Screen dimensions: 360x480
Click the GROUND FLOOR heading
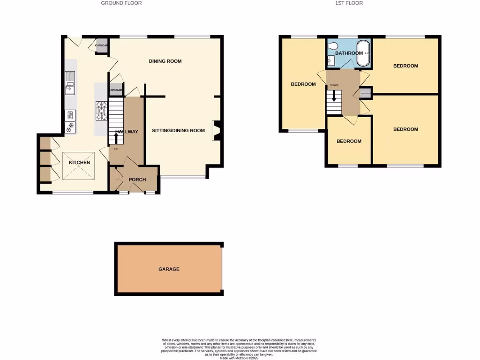click(x=121, y=3)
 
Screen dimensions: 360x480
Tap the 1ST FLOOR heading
click(x=349, y=3)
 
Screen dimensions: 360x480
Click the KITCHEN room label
click(x=80, y=163)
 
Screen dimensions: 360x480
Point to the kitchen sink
click(x=70, y=82)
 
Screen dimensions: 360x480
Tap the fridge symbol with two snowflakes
click(x=71, y=125)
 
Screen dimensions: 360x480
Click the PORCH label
click(x=137, y=180)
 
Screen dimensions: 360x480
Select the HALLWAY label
click(x=127, y=132)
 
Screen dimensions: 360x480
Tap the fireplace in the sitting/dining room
click(x=216, y=131)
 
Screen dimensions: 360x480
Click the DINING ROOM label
click(x=165, y=61)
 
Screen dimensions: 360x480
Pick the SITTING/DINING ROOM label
click(x=178, y=130)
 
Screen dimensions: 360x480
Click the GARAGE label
click(x=169, y=269)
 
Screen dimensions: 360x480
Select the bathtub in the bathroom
click(x=364, y=52)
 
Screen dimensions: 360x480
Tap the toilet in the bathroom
click(x=333, y=46)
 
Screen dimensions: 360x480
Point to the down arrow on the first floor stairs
click(x=334, y=96)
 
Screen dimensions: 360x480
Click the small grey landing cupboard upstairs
click(x=365, y=93)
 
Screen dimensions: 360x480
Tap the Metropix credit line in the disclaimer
click(x=239, y=358)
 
